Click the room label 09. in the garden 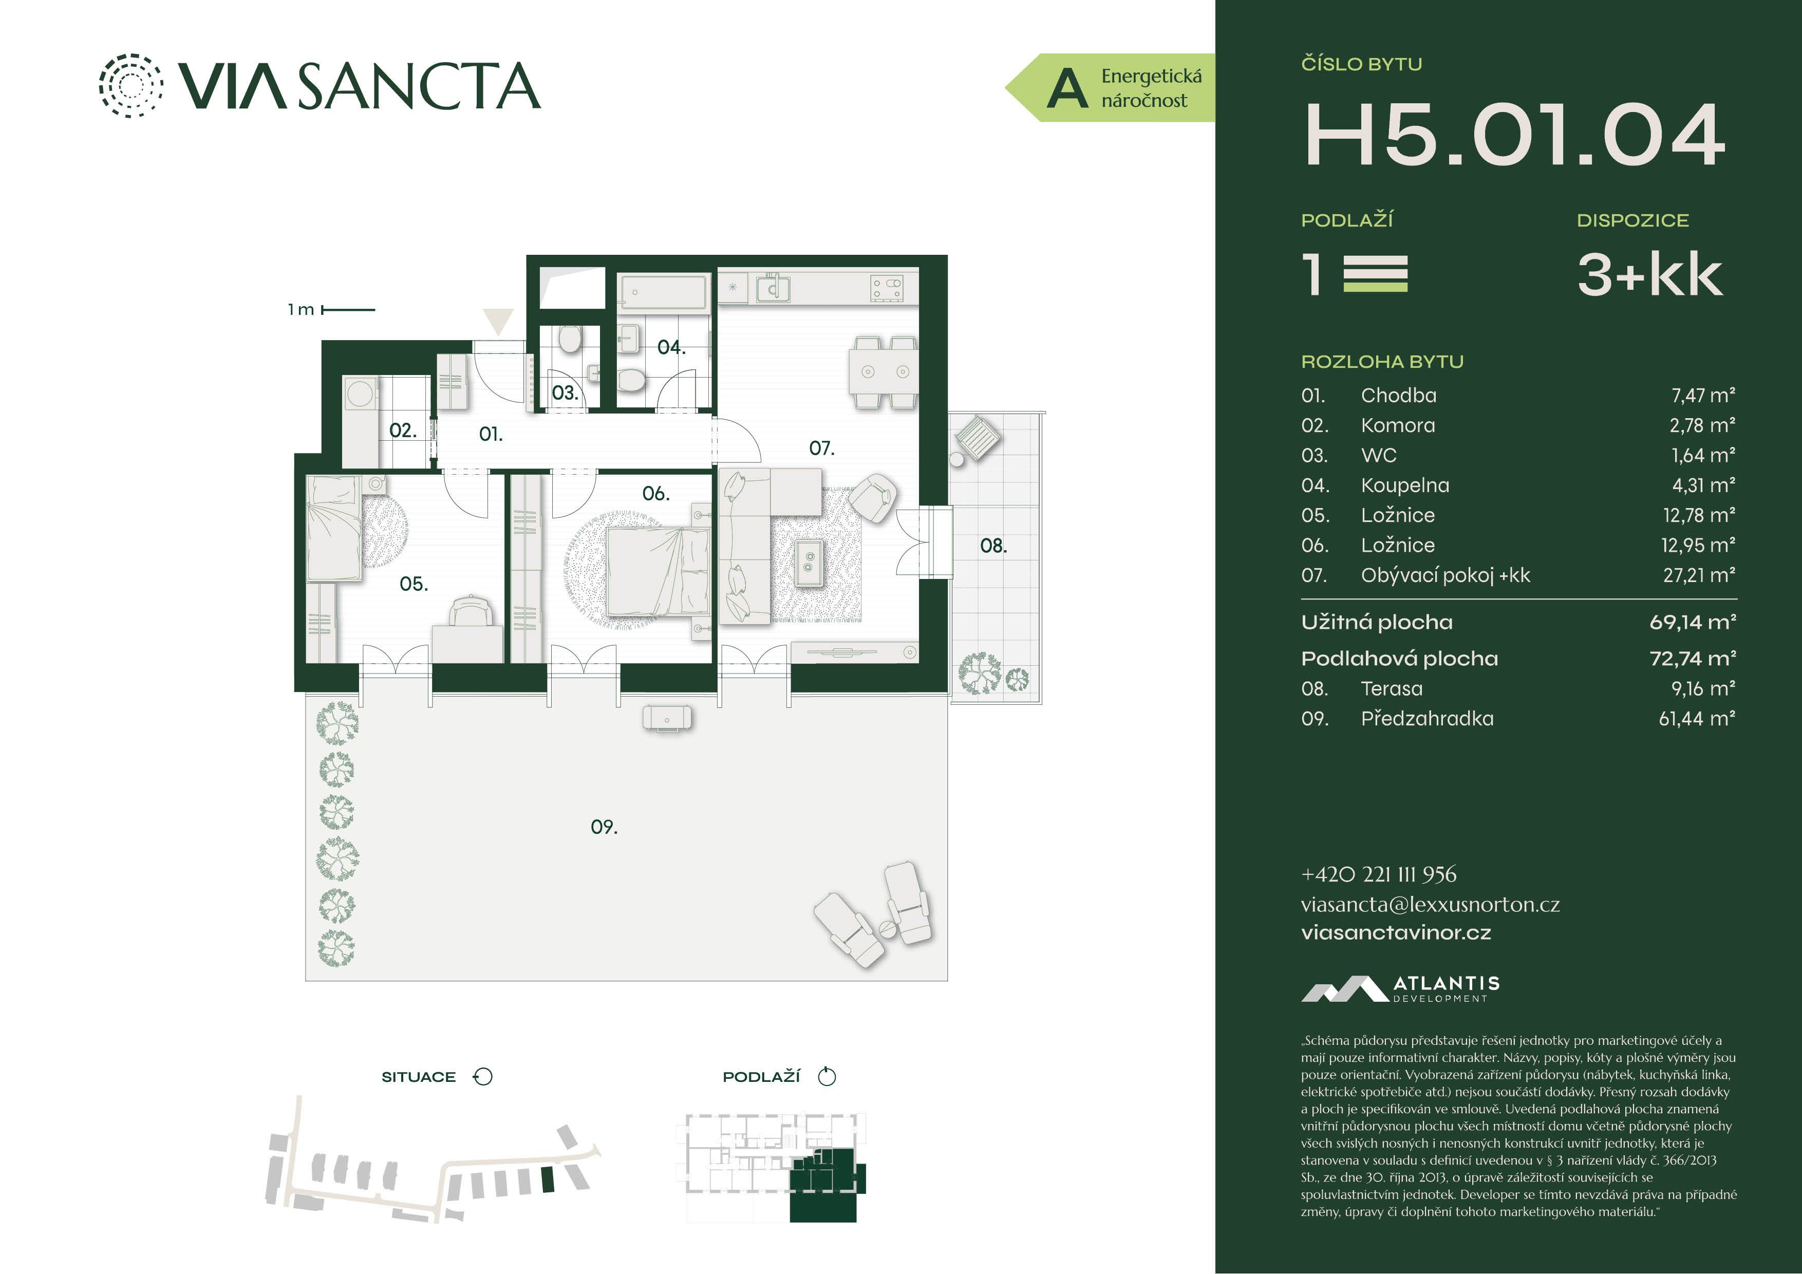[604, 827]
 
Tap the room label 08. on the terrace [993, 546]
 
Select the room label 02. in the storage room [403, 430]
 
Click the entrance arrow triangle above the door [498, 320]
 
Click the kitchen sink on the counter [773, 288]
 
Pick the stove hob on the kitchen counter [887, 288]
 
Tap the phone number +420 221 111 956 [1378, 874]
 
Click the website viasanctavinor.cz [1396, 932]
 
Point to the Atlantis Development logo [1400, 989]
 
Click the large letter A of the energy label [1067, 88]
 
